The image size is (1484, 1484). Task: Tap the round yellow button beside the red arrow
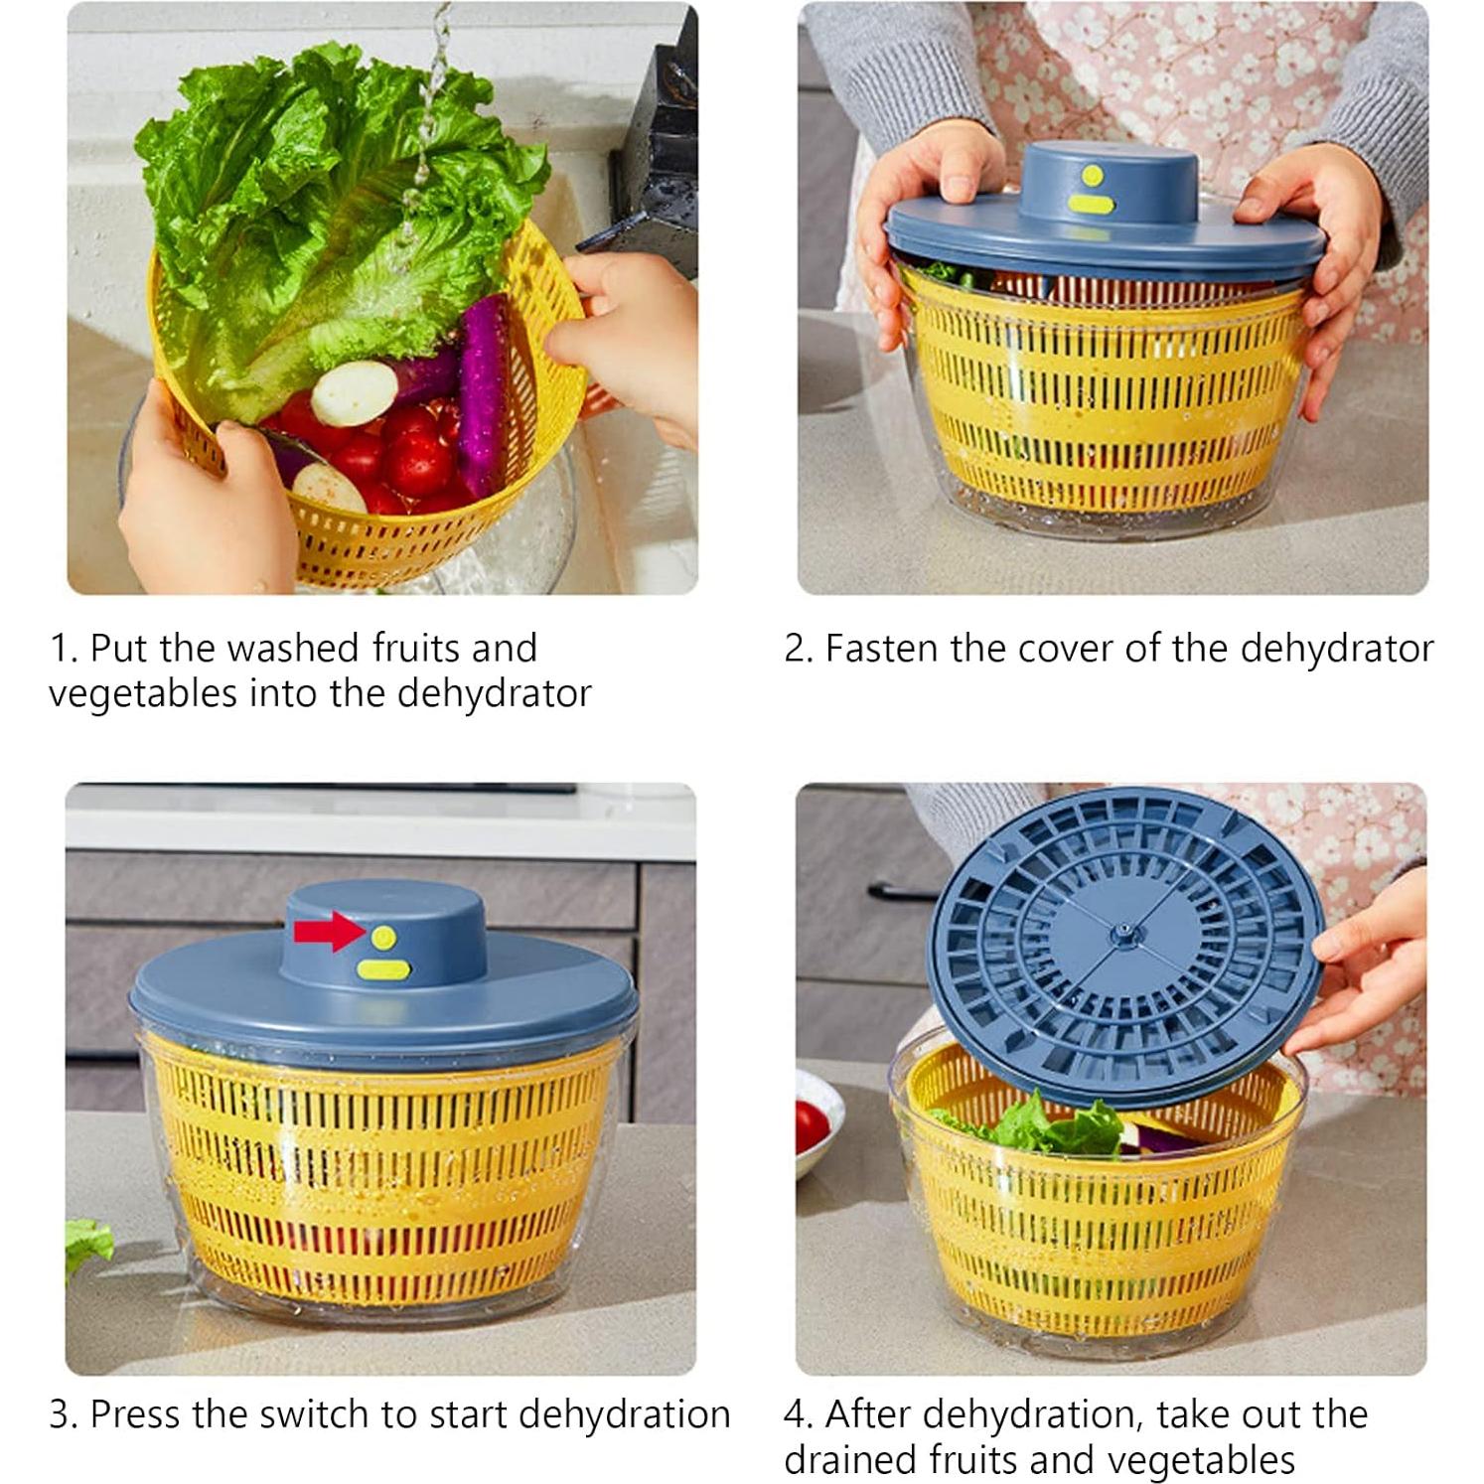point(383,937)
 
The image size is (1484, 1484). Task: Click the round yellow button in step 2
point(1093,176)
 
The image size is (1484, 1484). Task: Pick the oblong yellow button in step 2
point(1092,206)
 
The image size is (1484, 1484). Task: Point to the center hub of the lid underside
point(1123,931)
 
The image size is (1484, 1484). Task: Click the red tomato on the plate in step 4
point(812,1125)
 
